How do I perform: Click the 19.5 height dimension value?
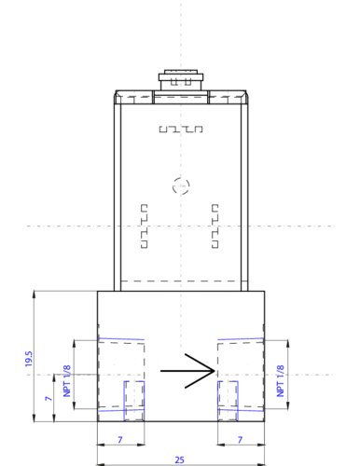(x=29, y=359)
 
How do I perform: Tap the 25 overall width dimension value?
(x=179, y=459)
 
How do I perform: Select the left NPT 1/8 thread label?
(x=67, y=381)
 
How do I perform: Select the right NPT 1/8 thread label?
(x=280, y=381)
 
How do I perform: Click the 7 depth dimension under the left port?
(x=120, y=440)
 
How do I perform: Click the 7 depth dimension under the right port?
(x=240, y=440)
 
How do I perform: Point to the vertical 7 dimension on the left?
(x=48, y=398)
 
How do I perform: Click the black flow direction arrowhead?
(x=201, y=371)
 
